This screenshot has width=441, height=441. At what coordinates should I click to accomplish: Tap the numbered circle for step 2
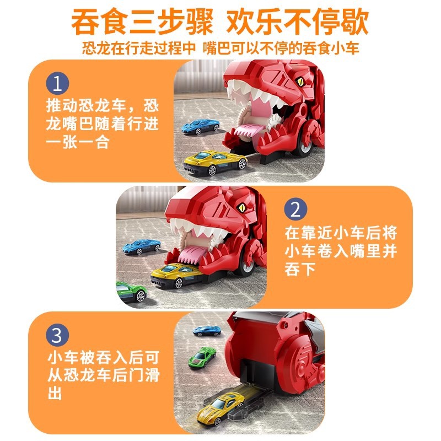[x=295, y=209]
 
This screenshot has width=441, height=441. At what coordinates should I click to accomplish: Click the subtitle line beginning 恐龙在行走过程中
[x=220, y=48]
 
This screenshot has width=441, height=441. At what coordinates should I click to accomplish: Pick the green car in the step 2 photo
[x=130, y=291]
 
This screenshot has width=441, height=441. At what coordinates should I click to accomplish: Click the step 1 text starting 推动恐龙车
[x=102, y=123]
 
